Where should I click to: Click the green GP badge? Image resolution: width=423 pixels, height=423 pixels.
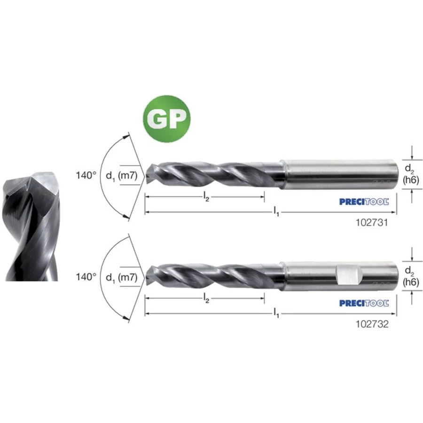click(x=167, y=119)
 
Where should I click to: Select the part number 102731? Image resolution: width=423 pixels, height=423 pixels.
click(x=372, y=223)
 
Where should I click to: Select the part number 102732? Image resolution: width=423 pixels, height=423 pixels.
click(x=372, y=324)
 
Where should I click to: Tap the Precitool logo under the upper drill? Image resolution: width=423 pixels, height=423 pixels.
click(x=364, y=202)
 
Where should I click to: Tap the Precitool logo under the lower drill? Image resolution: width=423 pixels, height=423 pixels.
click(x=364, y=303)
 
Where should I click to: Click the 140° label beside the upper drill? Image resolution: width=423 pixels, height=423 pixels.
click(x=86, y=175)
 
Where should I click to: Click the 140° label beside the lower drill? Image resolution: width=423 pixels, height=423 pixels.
click(x=86, y=277)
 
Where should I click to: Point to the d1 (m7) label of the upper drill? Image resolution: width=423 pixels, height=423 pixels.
click(x=122, y=176)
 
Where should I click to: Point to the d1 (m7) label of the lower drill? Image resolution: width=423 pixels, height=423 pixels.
click(x=122, y=278)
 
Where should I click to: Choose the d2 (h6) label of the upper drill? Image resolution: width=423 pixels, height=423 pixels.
click(x=411, y=174)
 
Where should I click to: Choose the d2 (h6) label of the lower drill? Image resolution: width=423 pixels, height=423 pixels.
click(x=411, y=276)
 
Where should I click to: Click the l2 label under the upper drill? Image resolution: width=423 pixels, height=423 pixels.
click(x=206, y=197)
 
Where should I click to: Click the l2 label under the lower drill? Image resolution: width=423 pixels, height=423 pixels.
click(x=206, y=298)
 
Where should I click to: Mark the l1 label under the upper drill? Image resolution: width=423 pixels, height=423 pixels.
click(x=276, y=211)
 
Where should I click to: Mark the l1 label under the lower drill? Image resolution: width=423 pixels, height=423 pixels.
click(x=276, y=313)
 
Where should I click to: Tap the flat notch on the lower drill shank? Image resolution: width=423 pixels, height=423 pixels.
click(x=350, y=274)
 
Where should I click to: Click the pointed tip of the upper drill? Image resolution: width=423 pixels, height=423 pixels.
click(x=146, y=176)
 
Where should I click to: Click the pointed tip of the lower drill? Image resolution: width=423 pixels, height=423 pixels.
click(x=146, y=277)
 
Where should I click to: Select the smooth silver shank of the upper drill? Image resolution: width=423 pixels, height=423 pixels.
click(x=339, y=174)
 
